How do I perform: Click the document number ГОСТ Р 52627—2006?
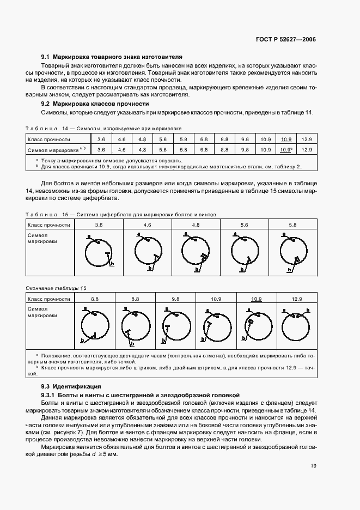[x=290, y=40]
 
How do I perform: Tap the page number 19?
[x=313, y=465]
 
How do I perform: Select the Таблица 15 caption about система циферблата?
[x=121, y=215]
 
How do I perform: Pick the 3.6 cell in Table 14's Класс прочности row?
[x=101, y=139]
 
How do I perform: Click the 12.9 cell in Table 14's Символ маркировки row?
[x=307, y=149]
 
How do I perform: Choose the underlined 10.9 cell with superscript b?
[x=286, y=149]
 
